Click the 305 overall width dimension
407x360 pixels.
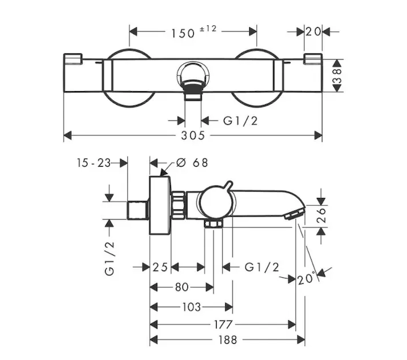(193, 136)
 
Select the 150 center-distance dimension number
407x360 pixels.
(182, 33)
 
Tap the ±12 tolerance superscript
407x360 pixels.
(208, 29)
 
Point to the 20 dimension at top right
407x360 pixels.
(313, 32)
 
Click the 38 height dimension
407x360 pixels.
(337, 76)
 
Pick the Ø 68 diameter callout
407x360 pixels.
(192, 163)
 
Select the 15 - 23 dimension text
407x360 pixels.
(94, 163)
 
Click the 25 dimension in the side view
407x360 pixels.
(160, 267)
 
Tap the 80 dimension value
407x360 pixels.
(182, 287)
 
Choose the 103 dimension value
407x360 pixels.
(191, 307)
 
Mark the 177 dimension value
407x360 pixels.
(223, 325)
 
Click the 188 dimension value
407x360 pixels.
(228, 340)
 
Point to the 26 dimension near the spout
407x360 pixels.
(321, 215)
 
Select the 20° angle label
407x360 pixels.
(307, 278)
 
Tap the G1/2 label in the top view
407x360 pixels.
(240, 121)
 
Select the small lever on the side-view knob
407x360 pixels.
(229, 187)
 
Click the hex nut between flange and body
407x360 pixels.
(178, 205)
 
